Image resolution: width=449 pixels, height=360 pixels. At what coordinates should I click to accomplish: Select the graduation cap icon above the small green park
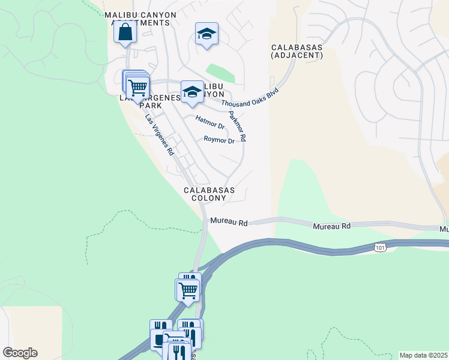pos(206,34)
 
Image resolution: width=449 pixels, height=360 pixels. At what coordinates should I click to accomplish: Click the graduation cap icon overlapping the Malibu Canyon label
pos(192,92)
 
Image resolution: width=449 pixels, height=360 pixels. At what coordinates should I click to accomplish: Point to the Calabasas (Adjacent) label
pos(297,51)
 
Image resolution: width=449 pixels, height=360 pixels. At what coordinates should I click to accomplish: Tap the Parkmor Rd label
pos(237,125)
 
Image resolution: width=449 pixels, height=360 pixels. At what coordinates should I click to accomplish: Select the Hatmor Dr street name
pos(210,122)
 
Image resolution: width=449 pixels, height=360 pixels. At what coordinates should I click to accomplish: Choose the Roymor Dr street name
pos(218,140)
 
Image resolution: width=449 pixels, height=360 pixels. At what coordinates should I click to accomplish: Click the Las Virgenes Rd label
pos(159,135)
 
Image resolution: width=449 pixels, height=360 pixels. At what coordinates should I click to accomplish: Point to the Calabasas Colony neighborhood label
pos(209,194)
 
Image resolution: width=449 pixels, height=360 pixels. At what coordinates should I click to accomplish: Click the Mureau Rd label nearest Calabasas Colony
pos(229,223)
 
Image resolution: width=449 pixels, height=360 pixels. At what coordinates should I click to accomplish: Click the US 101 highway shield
pos(380,247)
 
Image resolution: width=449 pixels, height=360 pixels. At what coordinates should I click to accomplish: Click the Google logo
pos(20,353)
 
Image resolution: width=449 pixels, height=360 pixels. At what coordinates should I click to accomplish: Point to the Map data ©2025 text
pos(423,355)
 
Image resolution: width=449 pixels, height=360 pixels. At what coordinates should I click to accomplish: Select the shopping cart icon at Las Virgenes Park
pos(138,88)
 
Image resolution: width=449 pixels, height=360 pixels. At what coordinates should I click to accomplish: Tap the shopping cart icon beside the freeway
pos(188,290)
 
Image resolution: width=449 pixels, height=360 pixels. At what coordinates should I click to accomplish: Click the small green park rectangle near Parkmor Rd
pos(220,73)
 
